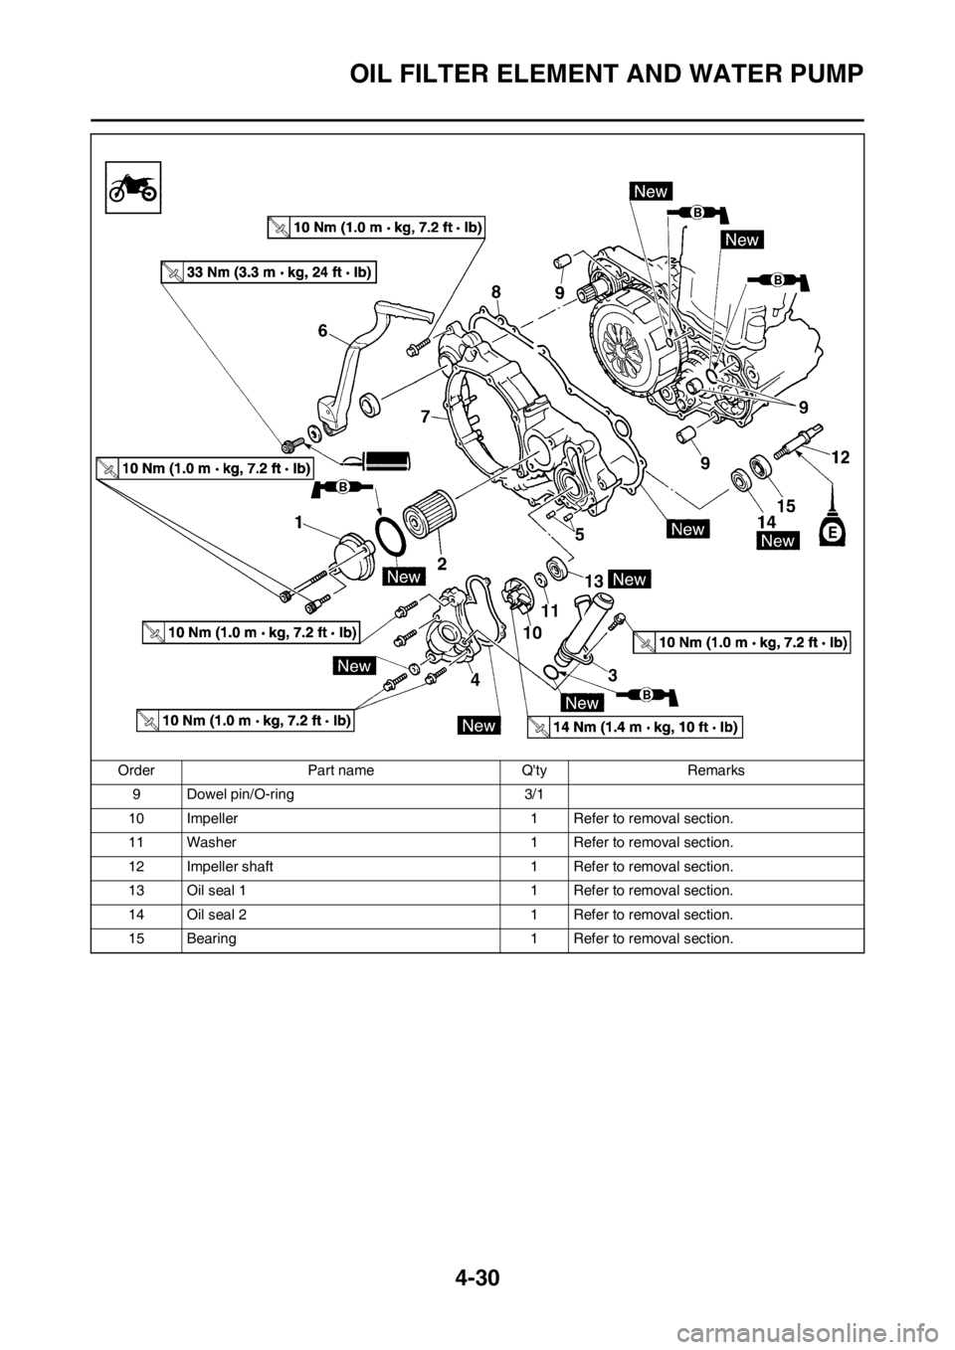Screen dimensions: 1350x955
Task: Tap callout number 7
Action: click(426, 417)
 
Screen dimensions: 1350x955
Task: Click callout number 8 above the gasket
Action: click(495, 290)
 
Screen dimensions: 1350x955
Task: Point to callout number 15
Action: click(786, 506)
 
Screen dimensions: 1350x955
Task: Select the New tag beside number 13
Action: click(630, 579)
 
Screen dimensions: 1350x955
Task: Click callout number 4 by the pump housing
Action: click(475, 681)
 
